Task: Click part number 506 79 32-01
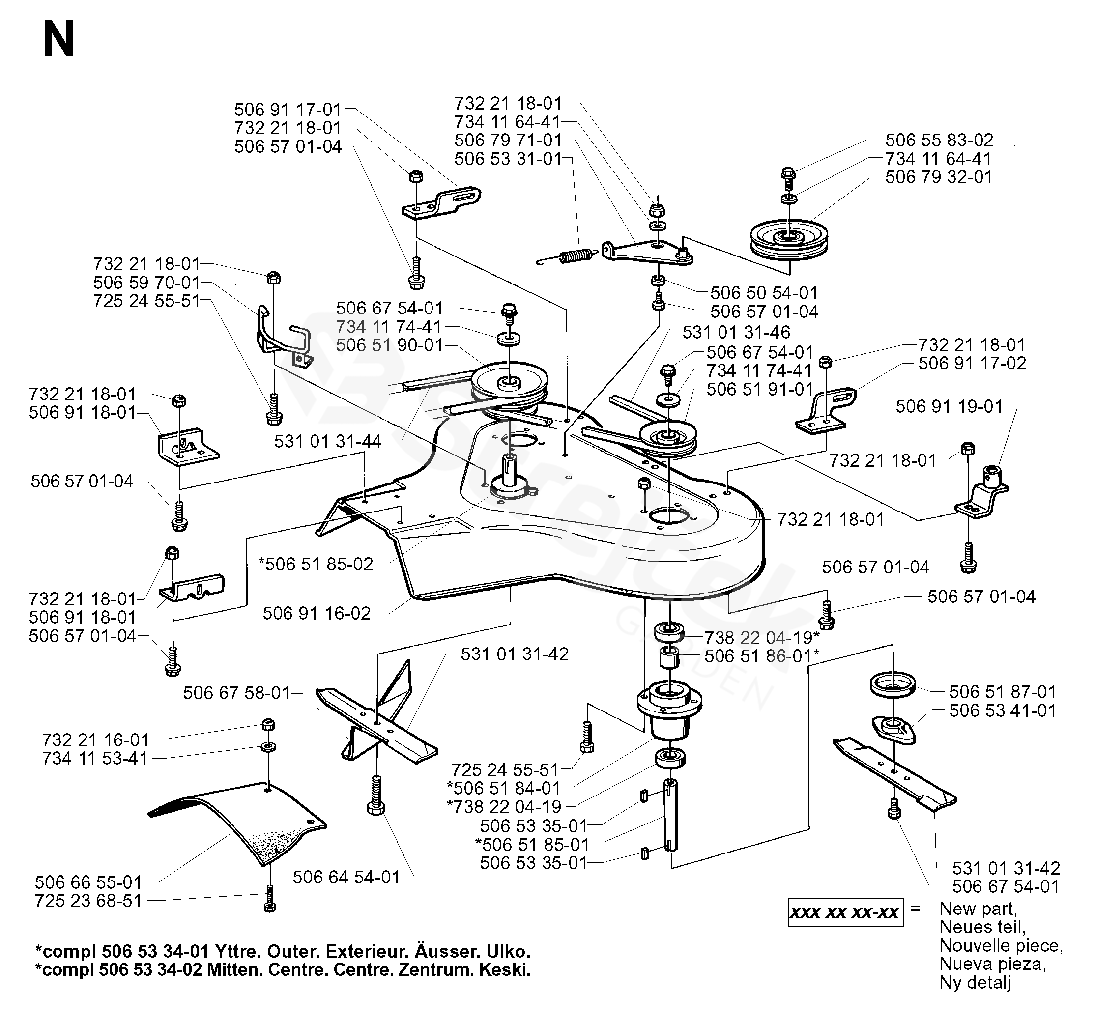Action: click(939, 177)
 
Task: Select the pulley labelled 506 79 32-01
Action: click(789, 239)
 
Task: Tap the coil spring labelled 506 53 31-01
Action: click(576, 256)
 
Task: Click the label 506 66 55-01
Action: click(88, 882)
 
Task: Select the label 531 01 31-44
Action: click(328, 441)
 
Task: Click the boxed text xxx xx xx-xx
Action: click(845, 913)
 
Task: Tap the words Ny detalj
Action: click(975, 982)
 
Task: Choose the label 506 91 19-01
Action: click(949, 406)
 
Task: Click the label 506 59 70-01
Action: click(146, 283)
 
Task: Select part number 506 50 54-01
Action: click(764, 292)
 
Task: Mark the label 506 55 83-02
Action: click(939, 140)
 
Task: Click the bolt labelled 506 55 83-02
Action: click(788, 175)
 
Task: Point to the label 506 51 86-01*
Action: click(762, 656)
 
